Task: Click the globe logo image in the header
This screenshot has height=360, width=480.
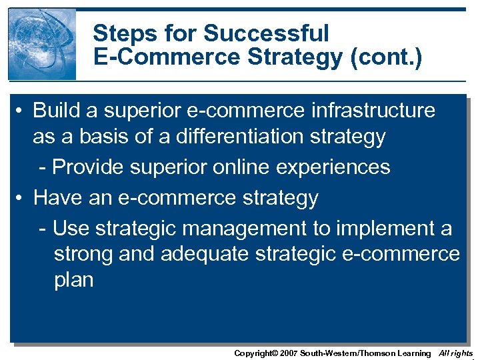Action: pos(42,44)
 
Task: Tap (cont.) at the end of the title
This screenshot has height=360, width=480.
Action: pos(386,59)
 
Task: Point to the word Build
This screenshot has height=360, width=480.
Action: pos(57,110)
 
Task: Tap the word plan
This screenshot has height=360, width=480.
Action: pos(73,280)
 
